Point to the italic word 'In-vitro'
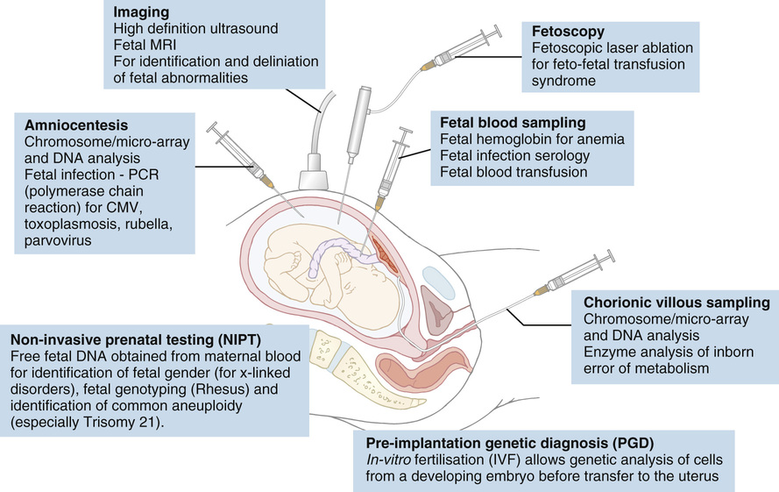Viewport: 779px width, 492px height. [389, 460]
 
